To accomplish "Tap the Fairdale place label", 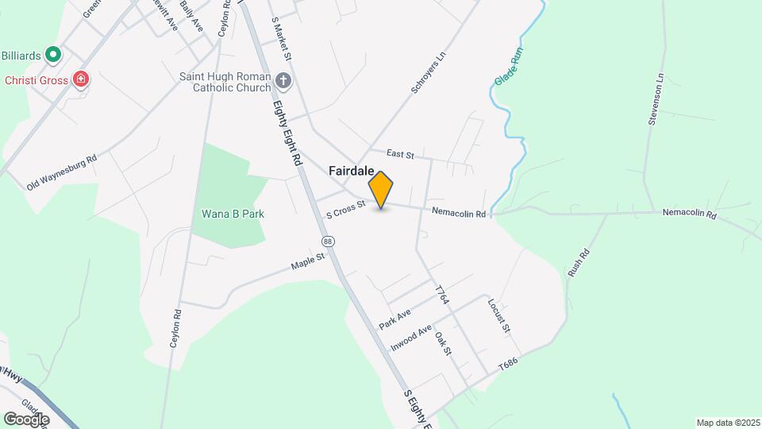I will [352, 171].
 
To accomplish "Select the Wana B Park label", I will [233, 214].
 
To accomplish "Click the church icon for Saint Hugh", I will [283, 80].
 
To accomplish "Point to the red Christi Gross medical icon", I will [80, 79].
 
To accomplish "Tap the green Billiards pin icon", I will [53, 55].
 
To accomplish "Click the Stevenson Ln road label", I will [656, 100].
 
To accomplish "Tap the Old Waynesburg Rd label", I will [61, 172].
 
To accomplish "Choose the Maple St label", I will [308, 260].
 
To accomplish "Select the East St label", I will [400, 154].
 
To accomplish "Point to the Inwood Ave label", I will [410, 338].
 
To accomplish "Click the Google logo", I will [26, 419].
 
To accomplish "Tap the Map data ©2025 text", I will [726, 422].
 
